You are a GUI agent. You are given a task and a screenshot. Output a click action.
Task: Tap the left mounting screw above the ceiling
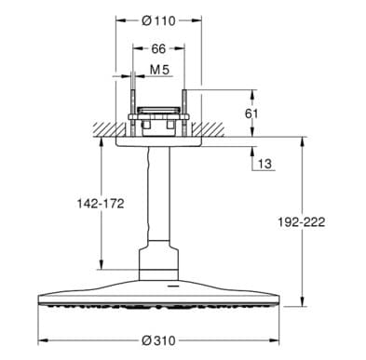point(134,109)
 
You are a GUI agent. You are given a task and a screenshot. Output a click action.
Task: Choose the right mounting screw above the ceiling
point(188,109)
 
